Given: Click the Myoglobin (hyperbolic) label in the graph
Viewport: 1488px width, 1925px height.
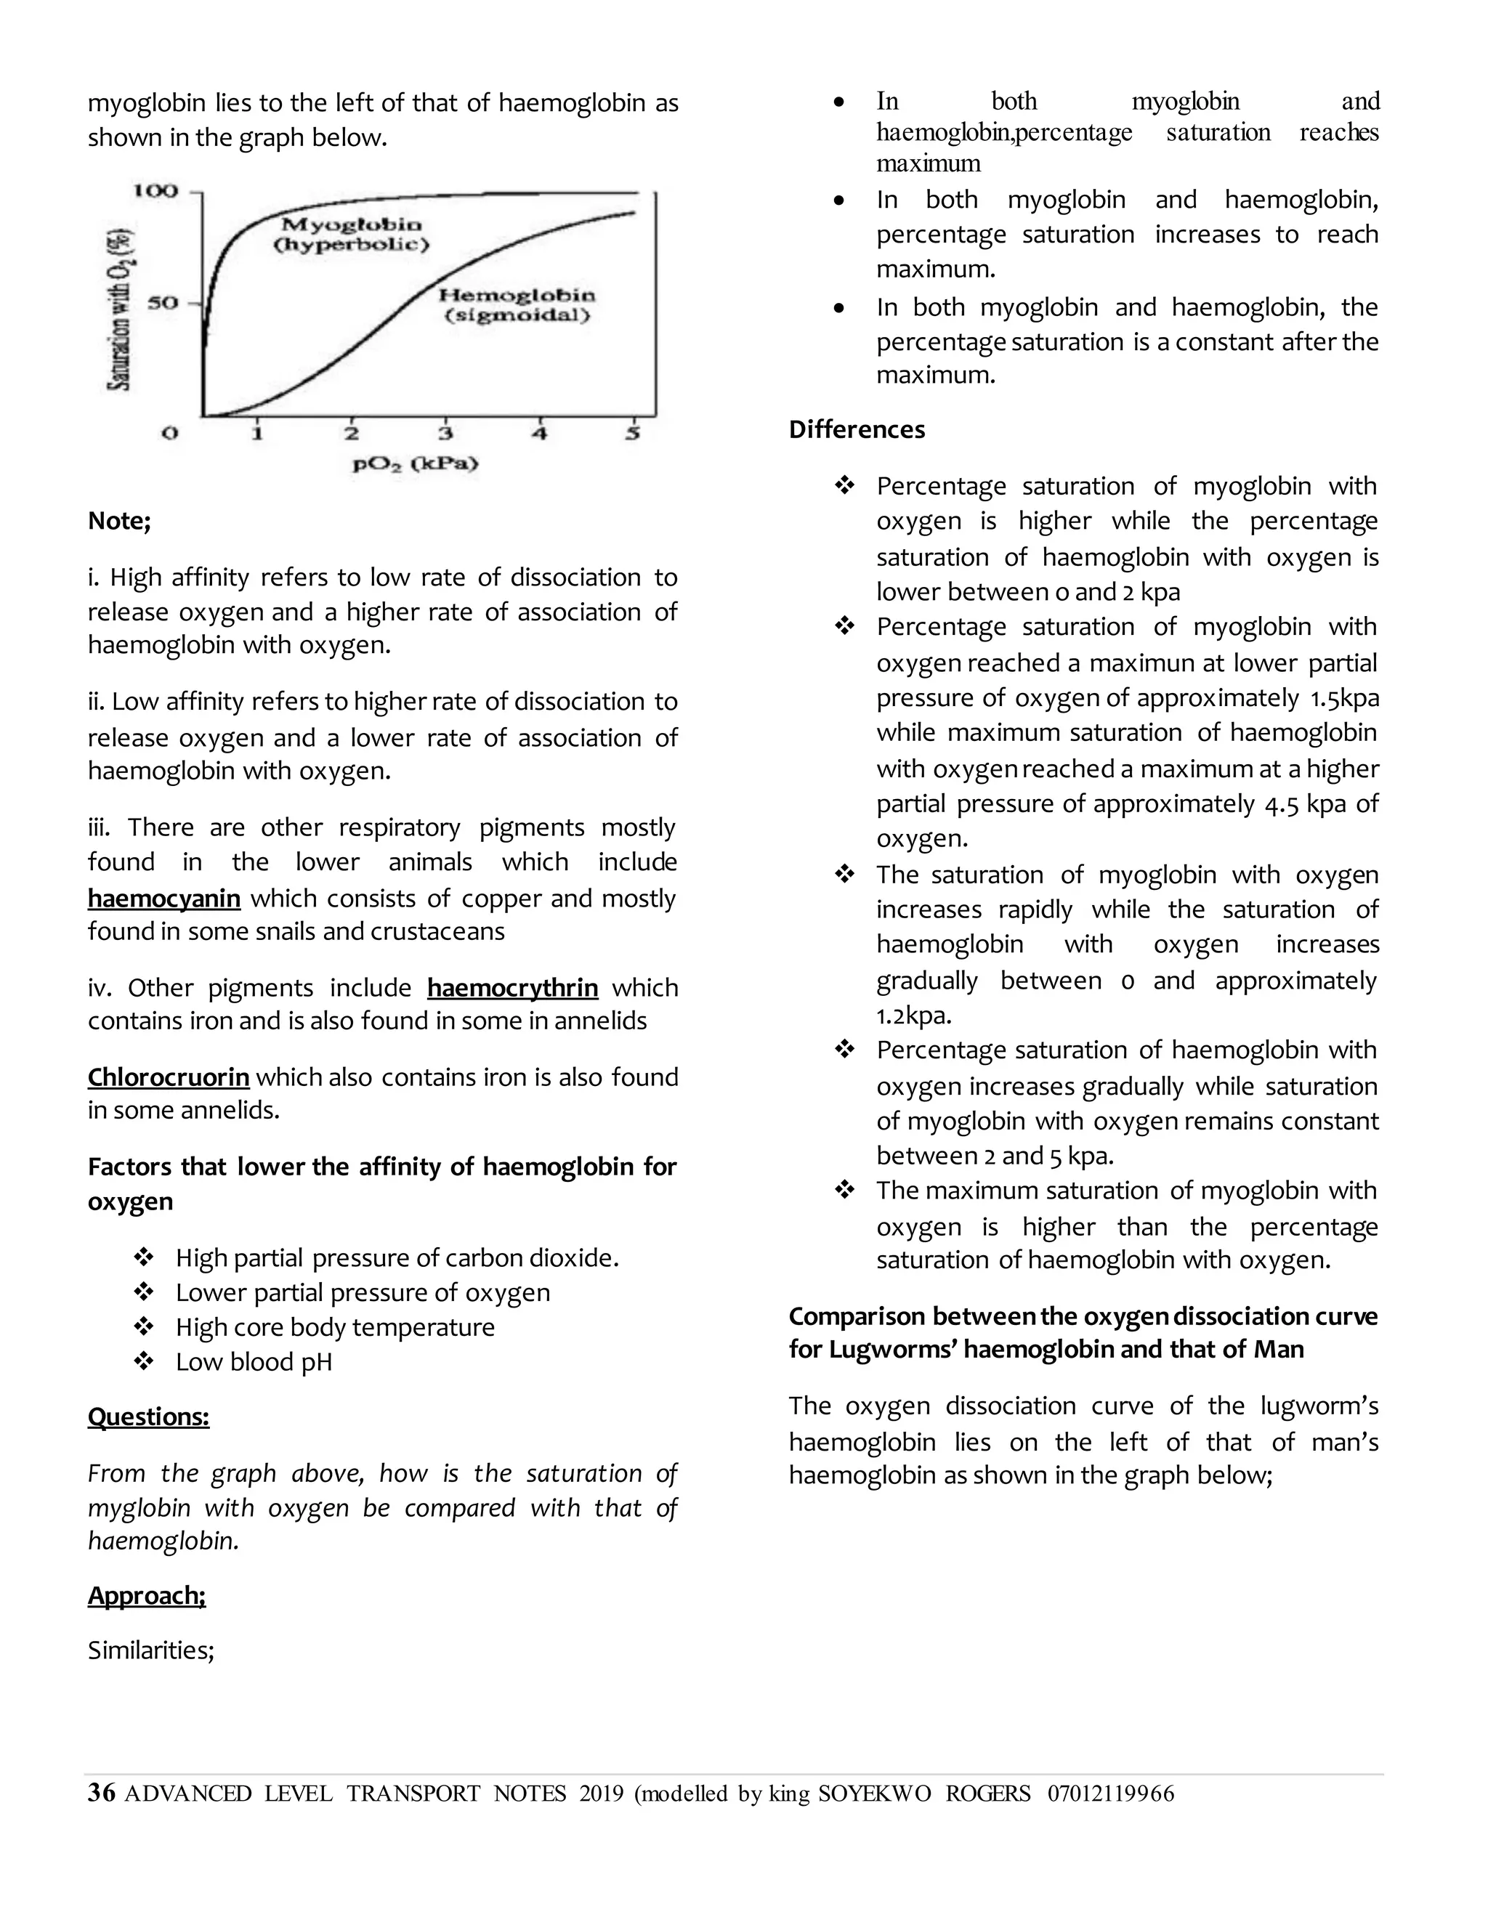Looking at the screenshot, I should tap(351, 235).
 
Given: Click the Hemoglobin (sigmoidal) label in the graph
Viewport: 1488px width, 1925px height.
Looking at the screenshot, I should tap(517, 305).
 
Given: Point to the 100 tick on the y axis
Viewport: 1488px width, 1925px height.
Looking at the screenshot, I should tap(155, 191).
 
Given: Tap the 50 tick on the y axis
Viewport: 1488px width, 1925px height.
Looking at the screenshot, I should tap(162, 303).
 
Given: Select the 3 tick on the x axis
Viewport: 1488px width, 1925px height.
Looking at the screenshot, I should tap(445, 434).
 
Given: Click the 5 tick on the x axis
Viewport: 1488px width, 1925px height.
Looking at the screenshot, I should tap(632, 434).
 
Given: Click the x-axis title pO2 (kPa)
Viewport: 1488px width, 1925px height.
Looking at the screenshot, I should tap(415, 463).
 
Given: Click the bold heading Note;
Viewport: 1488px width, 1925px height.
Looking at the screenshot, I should tap(120, 521).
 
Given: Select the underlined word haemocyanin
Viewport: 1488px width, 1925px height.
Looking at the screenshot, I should tap(164, 898).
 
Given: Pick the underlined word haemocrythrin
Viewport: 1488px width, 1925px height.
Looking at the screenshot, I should tap(512, 987).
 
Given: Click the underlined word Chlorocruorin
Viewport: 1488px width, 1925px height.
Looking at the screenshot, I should tap(169, 1077).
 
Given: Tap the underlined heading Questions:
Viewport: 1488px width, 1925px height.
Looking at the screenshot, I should tap(148, 1417).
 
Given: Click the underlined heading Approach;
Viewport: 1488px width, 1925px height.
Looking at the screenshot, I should tap(146, 1595).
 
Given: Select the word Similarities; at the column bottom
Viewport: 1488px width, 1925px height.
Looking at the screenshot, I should tap(150, 1650).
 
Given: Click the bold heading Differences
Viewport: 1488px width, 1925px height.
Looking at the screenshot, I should tap(856, 430).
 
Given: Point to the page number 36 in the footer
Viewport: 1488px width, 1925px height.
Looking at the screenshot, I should tap(102, 1794).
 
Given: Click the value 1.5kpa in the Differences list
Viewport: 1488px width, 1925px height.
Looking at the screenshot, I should tap(1343, 698).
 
